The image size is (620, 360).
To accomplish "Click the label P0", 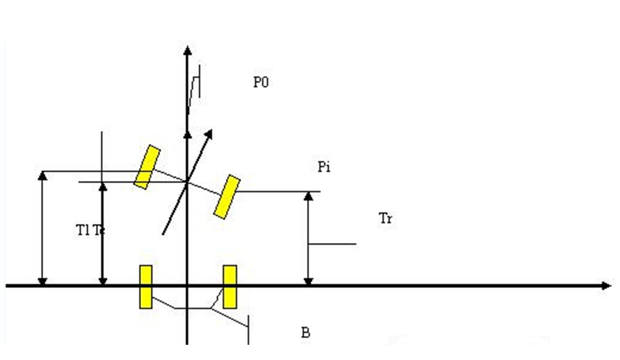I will coord(261,83).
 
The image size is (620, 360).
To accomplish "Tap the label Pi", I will coord(324,167).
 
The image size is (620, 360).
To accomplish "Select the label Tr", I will coord(385,219).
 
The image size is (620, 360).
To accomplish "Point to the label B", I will coord(305,332).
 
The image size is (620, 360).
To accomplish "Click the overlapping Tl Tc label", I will coord(90,230).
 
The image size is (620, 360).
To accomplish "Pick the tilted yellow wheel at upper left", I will coord(147,167).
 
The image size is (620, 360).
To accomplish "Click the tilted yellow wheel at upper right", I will coord(227,197).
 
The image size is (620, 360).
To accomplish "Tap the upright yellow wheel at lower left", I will coord(145,287).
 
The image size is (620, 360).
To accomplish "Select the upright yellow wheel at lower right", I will coord(230,287).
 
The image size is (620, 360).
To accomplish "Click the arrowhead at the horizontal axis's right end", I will coord(606,285).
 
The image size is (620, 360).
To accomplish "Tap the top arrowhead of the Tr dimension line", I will coord(308,195).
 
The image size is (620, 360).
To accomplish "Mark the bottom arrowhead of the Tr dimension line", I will coord(308,281).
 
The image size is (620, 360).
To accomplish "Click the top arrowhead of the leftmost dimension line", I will coord(42,175).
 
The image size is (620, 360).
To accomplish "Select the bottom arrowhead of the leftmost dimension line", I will coord(42,281).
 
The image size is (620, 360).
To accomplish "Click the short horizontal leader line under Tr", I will coord(332,244).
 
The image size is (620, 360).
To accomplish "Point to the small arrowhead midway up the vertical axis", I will coord(187,133).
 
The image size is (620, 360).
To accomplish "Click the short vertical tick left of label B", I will coord(248,330).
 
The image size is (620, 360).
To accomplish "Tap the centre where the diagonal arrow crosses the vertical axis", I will coord(187,182).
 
